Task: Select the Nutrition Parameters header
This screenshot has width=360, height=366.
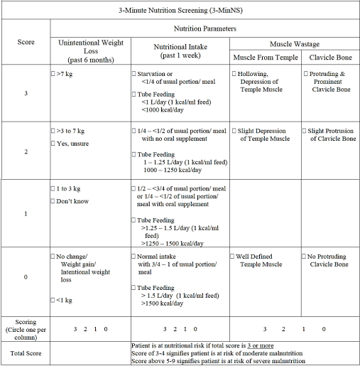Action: coord(204,29)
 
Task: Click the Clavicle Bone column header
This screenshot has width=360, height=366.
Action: coord(329,57)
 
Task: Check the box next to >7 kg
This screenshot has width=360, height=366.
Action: coord(53,73)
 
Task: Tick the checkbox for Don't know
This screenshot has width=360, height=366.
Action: coord(53,202)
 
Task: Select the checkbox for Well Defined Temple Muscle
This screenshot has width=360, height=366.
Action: coord(234,256)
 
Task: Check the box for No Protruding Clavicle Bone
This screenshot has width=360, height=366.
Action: coord(305,256)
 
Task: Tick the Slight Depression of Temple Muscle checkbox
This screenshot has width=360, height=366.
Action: coord(234,131)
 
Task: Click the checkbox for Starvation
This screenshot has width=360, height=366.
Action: coord(134,73)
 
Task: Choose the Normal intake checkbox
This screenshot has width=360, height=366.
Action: coord(134,256)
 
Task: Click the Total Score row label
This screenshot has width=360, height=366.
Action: coord(25,353)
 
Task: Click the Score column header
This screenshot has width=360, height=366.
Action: coord(25,42)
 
